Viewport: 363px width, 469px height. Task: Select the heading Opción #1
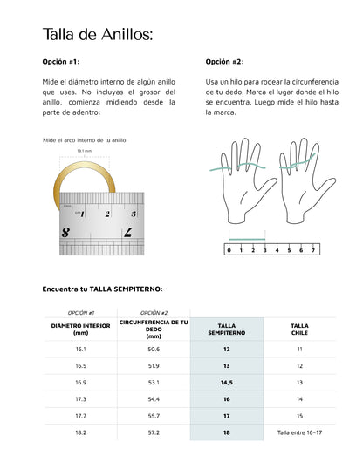tap(61, 63)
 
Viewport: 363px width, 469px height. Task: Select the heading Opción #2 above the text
tap(225, 63)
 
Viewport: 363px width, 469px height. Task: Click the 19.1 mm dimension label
tap(85, 151)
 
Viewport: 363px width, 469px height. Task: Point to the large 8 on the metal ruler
tap(66, 232)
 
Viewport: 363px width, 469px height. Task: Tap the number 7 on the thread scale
tap(312, 250)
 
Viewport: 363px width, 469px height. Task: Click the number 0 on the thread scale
tap(229, 250)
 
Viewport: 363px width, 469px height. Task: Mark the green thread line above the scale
tap(247, 236)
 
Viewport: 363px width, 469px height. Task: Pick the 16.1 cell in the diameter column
tap(80, 349)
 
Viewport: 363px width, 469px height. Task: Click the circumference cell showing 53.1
tap(154, 382)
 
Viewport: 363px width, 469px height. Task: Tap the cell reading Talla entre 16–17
tap(299, 432)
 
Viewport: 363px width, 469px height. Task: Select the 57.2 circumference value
tap(154, 432)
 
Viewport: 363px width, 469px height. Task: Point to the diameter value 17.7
tap(80, 416)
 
